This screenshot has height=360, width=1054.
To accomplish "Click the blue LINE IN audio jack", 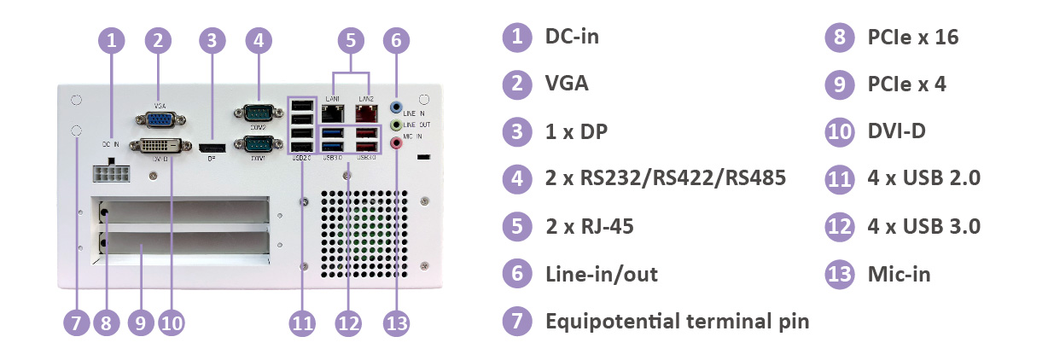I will point(396,107).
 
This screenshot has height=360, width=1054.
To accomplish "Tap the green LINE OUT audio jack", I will point(396,125).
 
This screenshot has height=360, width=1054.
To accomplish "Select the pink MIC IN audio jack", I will point(396,143).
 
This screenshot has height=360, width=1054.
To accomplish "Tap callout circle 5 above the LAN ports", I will point(350,39).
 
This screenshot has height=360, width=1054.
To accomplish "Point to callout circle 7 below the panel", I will point(75,322).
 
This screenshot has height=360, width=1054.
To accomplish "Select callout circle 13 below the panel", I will point(396,322).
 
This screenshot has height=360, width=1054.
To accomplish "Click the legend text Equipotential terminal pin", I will point(677,322).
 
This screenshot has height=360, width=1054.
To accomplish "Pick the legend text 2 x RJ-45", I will point(589,227).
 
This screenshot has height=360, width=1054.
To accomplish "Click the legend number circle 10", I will point(840,132).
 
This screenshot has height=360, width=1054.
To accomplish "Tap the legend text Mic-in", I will point(899,275).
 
